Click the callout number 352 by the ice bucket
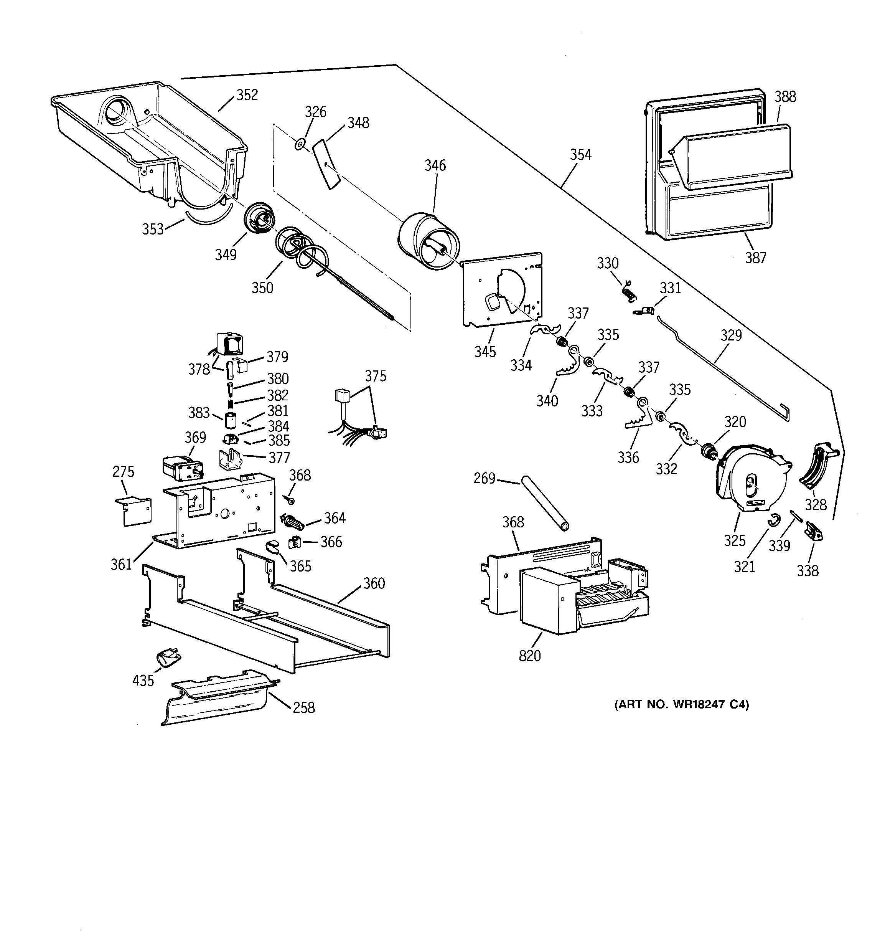tap(247, 95)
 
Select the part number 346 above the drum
tap(435, 165)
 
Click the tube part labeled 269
tap(545, 502)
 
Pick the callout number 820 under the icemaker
tap(530, 656)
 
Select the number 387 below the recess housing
tap(755, 258)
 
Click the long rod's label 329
tap(731, 335)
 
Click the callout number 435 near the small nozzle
tap(143, 680)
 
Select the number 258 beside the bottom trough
tap(304, 707)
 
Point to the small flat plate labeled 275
tap(135, 511)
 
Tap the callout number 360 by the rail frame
tap(374, 583)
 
